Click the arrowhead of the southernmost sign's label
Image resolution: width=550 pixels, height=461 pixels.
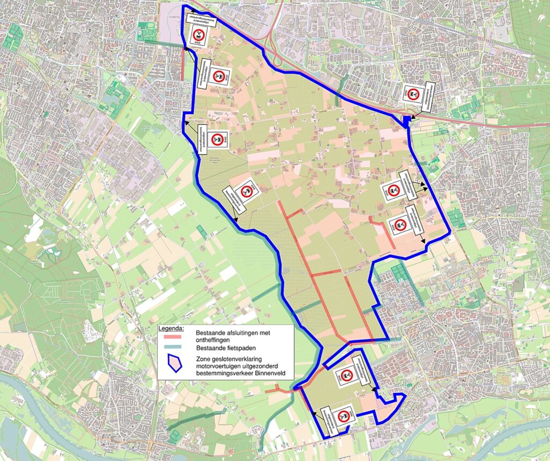pyautogui.click(x=313, y=413)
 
